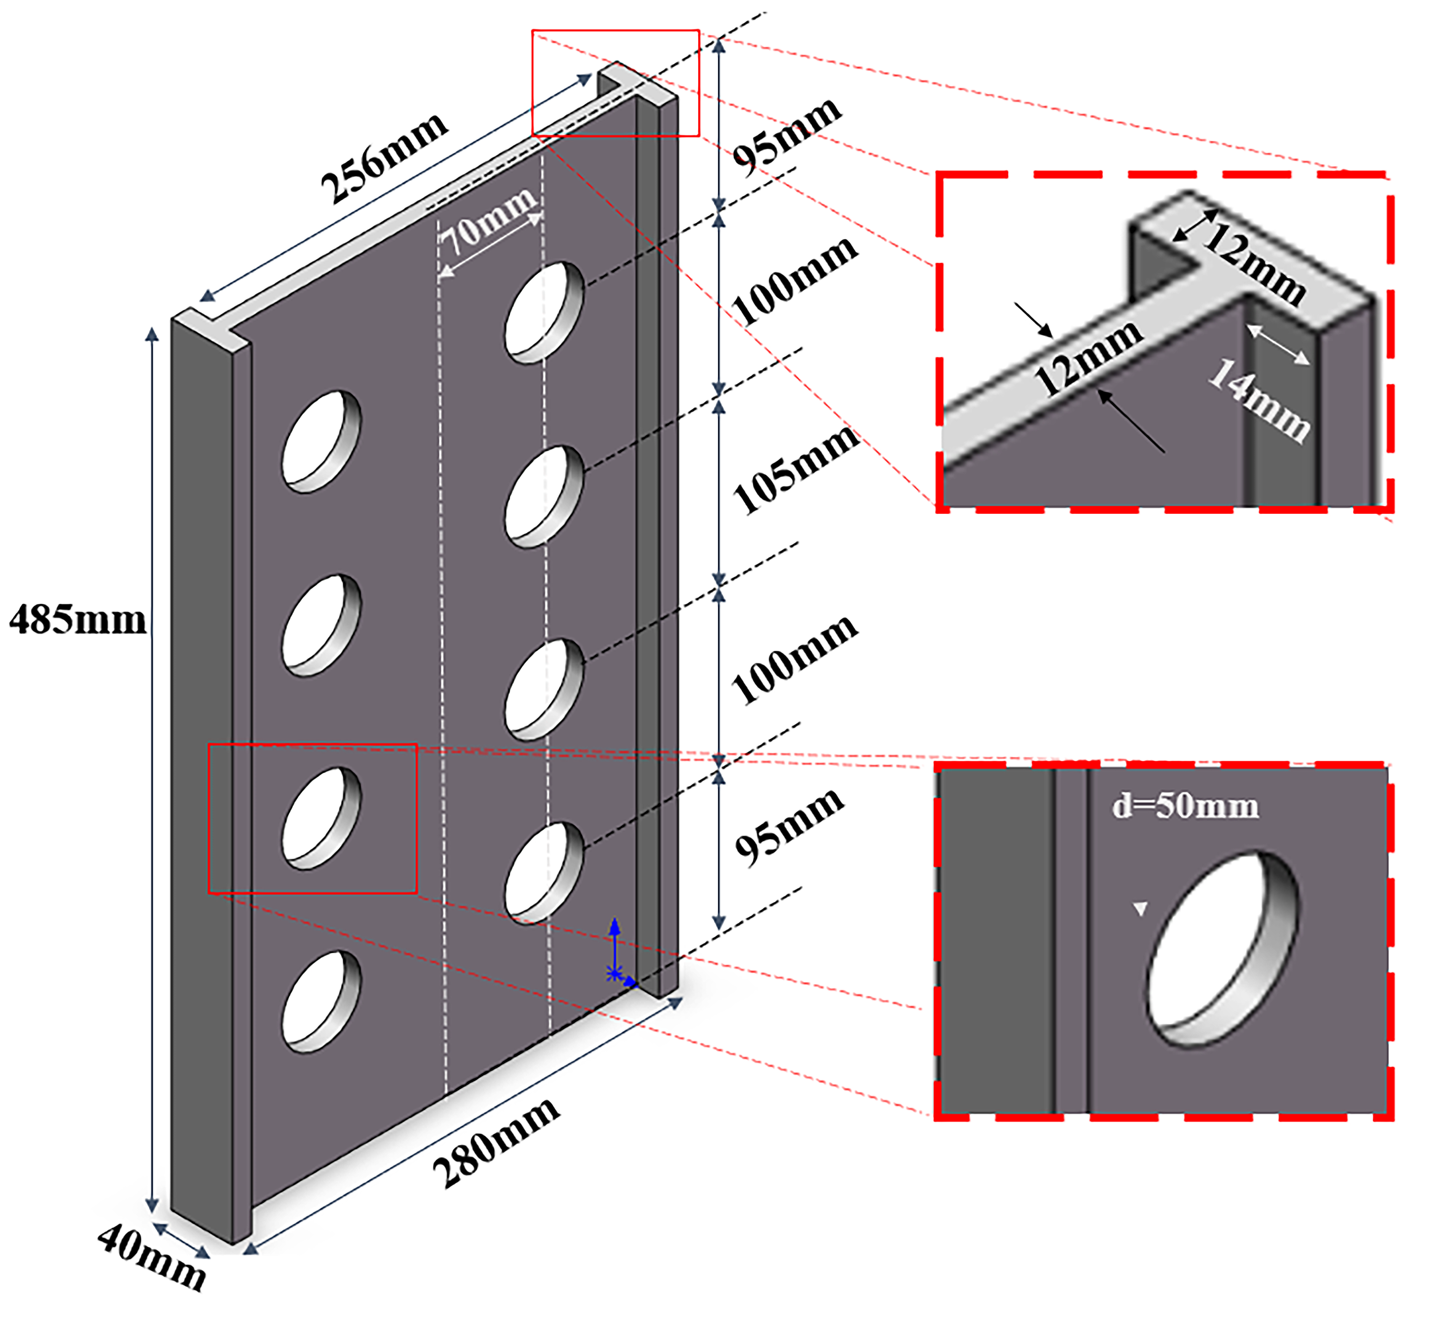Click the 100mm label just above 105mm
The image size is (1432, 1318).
click(x=794, y=280)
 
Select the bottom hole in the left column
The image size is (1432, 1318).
click(x=321, y=1001)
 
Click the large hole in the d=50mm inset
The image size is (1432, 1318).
click(x=1222, y=949)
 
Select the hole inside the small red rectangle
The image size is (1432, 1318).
click(x=321, y=818)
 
